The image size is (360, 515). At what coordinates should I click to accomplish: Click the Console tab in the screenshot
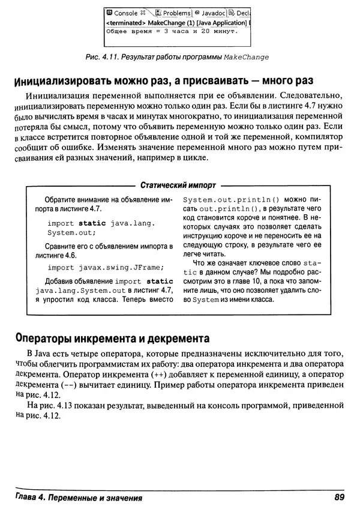click(125, 12)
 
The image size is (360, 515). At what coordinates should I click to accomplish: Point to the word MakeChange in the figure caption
click(245, 57)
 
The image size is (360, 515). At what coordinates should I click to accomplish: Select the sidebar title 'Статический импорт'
click(177, 185)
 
